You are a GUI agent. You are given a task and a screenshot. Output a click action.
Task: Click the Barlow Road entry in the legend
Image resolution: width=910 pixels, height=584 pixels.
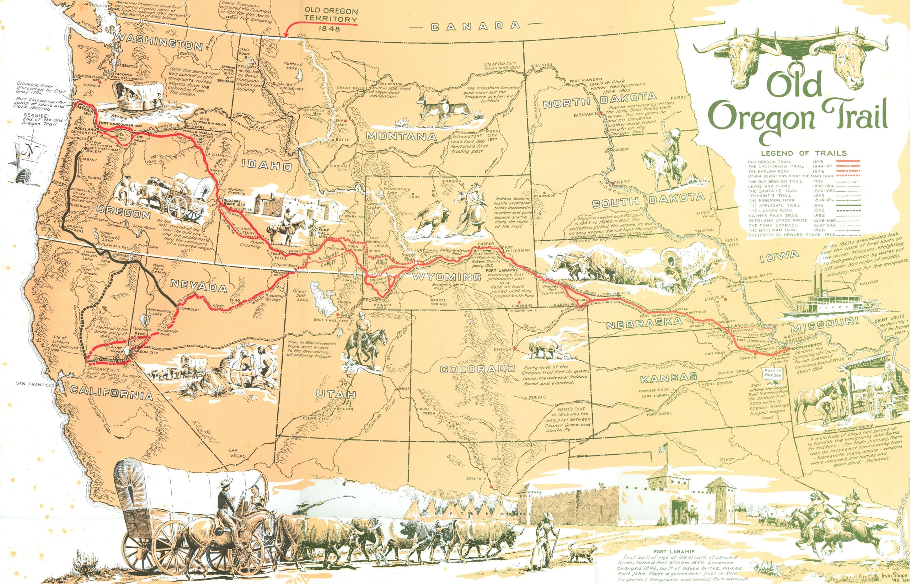coord(769,171)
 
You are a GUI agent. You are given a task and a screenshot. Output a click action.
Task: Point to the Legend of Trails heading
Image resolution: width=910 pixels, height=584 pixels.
coord(803,153)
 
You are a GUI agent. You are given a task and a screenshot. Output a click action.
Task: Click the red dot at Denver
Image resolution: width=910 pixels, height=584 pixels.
coord(515,348)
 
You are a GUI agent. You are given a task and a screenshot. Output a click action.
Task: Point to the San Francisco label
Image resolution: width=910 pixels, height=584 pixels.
coord(35,384)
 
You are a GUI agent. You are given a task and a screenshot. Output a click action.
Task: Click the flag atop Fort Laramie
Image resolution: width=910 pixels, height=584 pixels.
coord(663,449)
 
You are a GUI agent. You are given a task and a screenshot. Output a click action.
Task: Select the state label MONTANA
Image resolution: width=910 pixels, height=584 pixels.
coord(401,136)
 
